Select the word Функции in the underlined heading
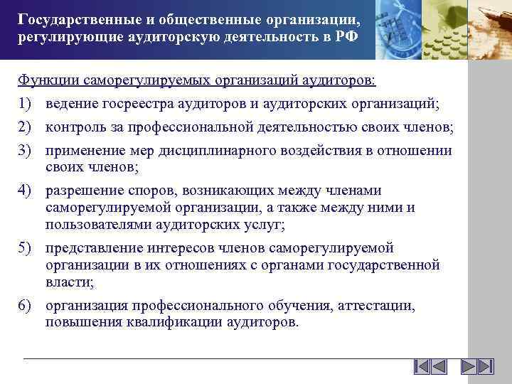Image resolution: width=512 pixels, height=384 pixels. pos(45,79)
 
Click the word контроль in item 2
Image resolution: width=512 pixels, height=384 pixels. pos(75,128)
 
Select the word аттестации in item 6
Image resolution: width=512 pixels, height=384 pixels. pos(378,306)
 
